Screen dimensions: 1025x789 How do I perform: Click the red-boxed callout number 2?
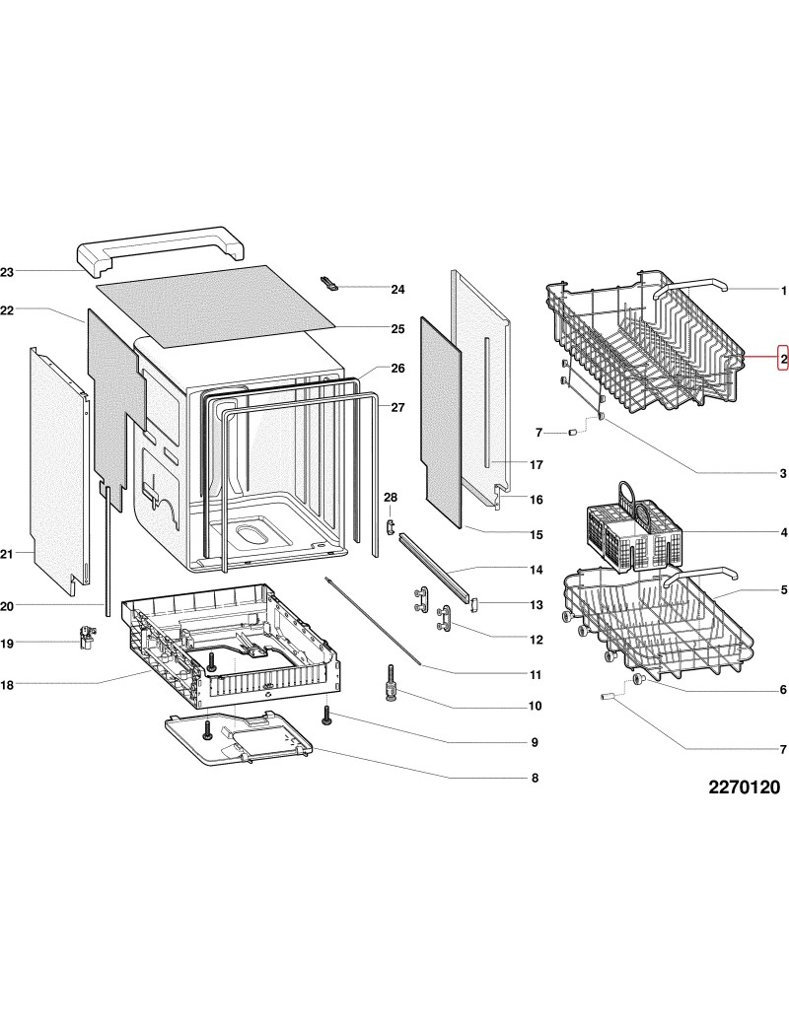pos(782,358)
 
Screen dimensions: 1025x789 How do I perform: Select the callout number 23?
pos(7,271)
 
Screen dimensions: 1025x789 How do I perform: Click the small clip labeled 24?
pos(331,284)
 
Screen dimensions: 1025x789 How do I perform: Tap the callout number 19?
pos(7,644)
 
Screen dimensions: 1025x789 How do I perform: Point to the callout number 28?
pos(390,497)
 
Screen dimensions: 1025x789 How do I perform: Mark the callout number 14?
pos(537,571)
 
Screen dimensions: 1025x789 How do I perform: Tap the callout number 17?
pos(537,464)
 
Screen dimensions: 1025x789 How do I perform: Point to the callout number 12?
pos(537,640)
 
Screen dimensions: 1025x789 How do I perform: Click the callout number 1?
pos(783,291)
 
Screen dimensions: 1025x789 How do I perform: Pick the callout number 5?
pos(783,589)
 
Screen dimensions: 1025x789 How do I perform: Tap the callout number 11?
pos(536,675)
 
